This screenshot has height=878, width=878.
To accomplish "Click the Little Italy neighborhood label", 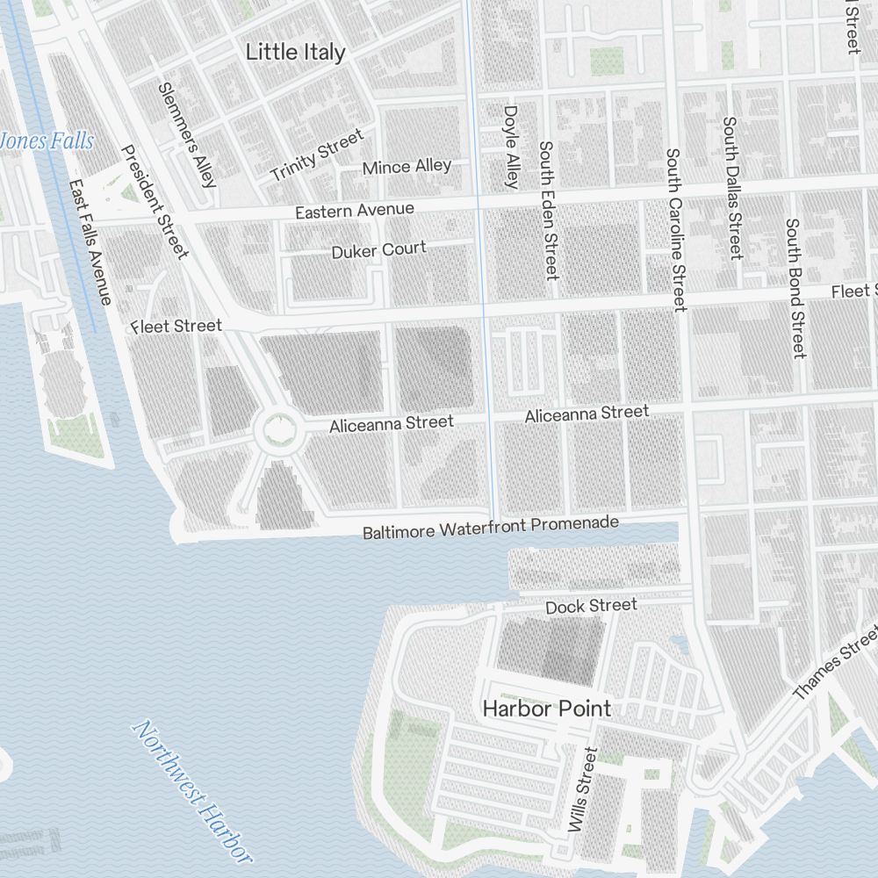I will tap(295, 52).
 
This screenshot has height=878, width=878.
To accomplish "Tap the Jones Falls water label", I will tap(46, 140).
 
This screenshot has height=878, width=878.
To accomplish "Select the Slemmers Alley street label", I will tap(186, 135).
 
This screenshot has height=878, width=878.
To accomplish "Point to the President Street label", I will tap(155, 202).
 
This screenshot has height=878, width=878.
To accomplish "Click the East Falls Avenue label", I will tap(90, 243).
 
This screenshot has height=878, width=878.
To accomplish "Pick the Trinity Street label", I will tap(316, 155).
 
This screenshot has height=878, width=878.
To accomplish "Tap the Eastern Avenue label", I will tap(354, 211).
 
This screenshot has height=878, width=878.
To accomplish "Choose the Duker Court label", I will tap(378, 250).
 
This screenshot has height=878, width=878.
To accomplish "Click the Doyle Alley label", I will tap(511, 148).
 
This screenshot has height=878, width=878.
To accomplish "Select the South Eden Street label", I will tap(548, 211).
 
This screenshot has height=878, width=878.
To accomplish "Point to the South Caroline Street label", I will tap(674, 230).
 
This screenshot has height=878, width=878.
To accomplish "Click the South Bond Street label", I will tap(795, 288).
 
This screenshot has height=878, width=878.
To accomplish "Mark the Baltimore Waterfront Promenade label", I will tap(491, 528).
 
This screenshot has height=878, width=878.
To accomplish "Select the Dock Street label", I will tap(591, 606).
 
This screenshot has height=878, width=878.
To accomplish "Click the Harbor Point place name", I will tap(546, 708).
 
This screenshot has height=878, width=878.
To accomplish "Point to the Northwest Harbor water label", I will tap(190, 791).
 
